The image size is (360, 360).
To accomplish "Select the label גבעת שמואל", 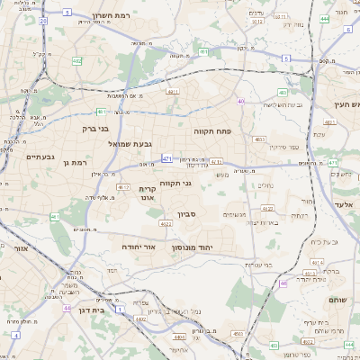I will click(136, 143).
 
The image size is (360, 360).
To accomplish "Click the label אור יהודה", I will click(139, 246).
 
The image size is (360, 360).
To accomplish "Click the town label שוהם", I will click(334, 300).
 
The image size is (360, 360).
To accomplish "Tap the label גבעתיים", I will click(16, 157).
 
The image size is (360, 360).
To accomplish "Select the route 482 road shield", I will click(282, 92).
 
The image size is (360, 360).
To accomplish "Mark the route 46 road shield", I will click(283, 283).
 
